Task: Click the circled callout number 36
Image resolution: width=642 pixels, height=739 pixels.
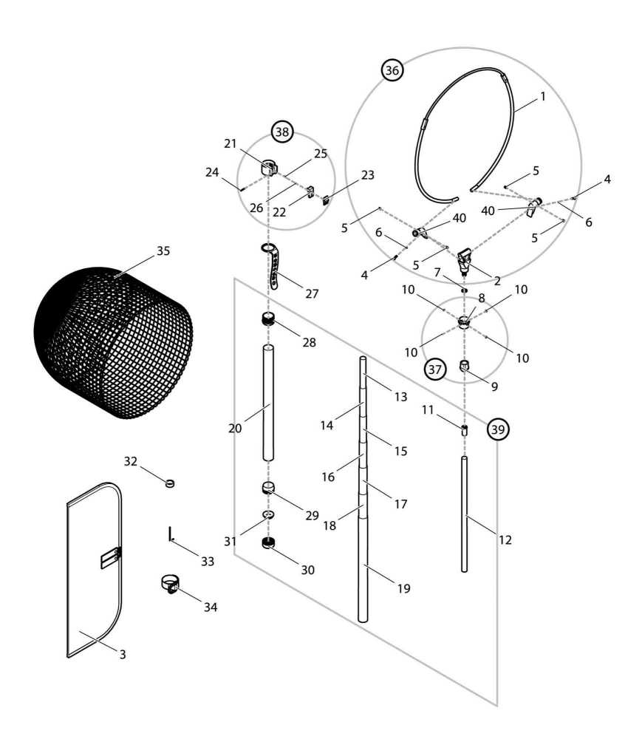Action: pos(392,70)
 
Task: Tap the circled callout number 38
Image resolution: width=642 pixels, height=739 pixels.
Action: pos(282,132)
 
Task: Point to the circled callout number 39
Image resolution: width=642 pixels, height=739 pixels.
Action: pos(499,429)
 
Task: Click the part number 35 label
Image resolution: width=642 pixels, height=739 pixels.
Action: pos(163,251)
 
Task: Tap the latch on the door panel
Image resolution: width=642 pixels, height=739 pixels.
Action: pos(110,557)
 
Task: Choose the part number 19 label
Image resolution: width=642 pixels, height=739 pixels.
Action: pos(403,589)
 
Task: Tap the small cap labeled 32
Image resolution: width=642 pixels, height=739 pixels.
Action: pos(171,483)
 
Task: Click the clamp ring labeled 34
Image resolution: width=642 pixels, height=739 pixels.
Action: pos(171,583)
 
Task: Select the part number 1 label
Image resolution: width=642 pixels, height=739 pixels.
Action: pos(544,97)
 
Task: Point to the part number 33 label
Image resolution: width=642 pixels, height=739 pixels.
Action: pos(208,562)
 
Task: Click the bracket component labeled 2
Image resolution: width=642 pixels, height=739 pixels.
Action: pos(465,259)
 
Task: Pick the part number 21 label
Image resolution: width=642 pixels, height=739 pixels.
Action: pos(229,143)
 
